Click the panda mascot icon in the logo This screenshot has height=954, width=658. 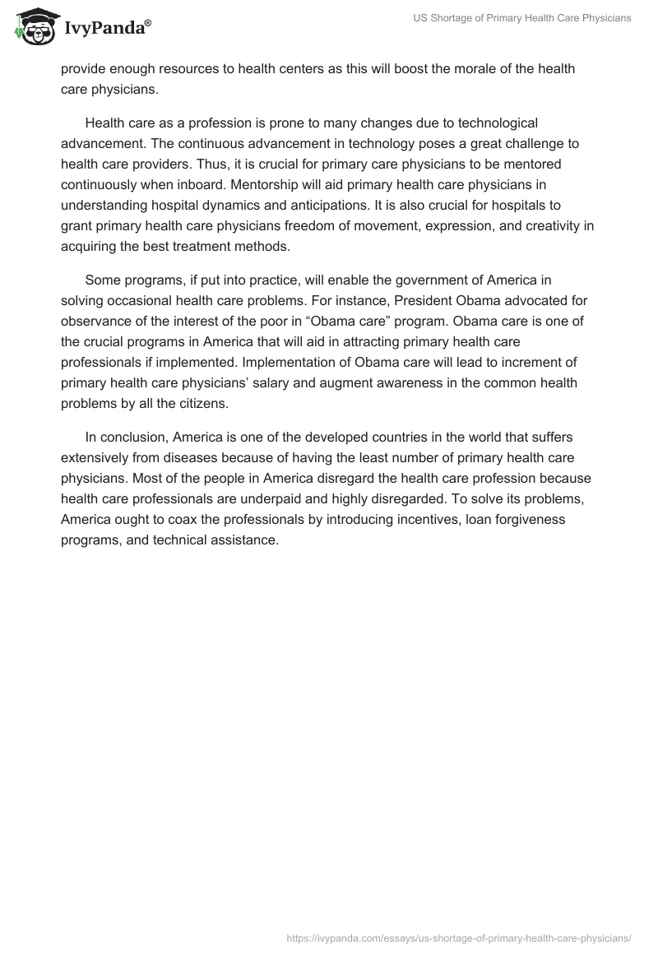point(33,27)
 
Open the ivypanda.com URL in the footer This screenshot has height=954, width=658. point(459,937)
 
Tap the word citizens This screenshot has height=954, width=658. point(225,403)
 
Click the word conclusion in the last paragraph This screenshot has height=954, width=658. point(132,437)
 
